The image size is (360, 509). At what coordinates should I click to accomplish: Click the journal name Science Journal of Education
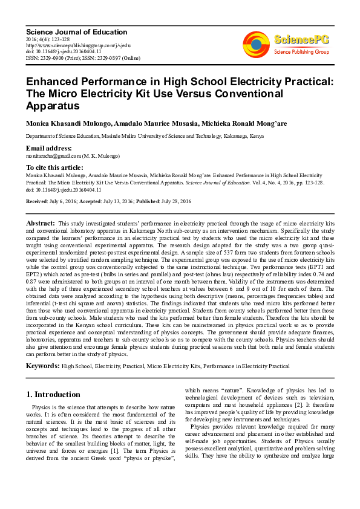[76, 32]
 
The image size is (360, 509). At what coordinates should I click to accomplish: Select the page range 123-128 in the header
[64, 39]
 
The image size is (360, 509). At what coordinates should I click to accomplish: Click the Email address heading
[48, 149]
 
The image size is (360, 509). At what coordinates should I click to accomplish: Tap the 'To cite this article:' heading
[54, 167]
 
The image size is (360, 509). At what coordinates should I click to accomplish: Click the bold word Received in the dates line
[37, 201]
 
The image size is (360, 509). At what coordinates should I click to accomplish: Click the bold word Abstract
[41, 224]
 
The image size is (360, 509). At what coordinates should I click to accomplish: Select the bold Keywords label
[42, 366]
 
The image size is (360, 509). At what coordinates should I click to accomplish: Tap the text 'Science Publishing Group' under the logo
[301, 53]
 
